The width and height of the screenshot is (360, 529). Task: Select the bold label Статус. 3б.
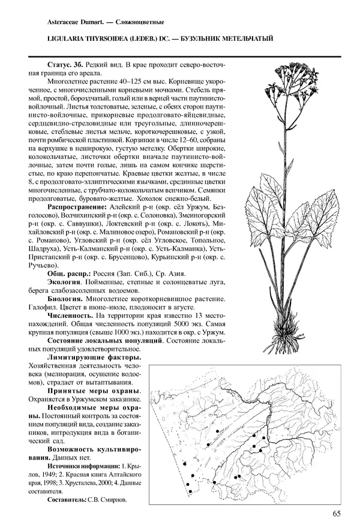point(65,64)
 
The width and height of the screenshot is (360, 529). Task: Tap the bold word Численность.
point(70,315)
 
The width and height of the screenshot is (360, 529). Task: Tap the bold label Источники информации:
point(80,465)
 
